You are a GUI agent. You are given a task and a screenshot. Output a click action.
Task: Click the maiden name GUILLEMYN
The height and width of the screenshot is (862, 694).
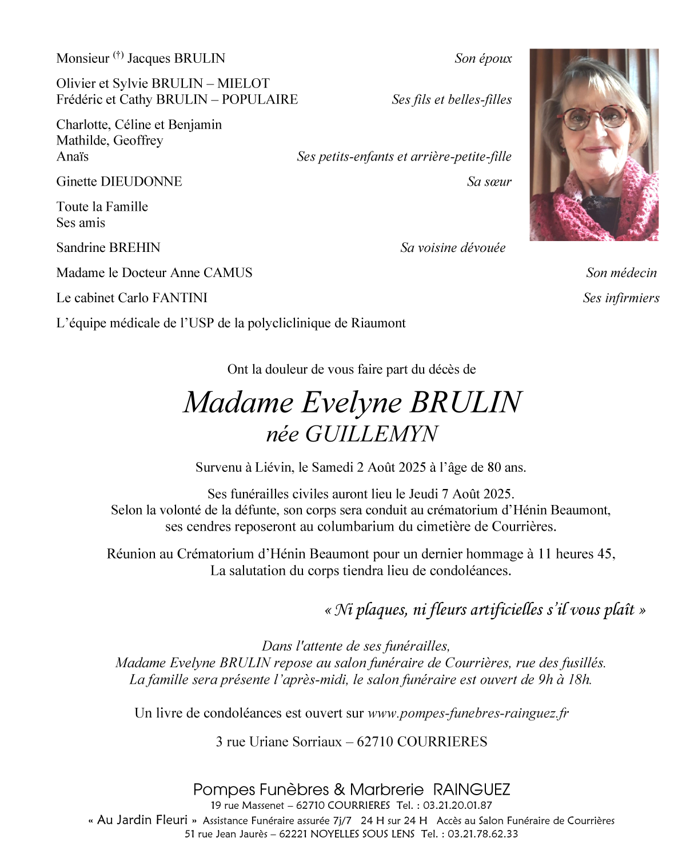pos(371,434)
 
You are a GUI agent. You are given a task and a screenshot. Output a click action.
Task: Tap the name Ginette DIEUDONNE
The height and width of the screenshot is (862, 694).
pos(119,182)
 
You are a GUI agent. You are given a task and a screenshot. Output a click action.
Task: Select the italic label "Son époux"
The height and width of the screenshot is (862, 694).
pos(483,58)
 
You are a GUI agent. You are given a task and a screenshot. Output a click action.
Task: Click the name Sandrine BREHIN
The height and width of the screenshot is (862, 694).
pos(108,247)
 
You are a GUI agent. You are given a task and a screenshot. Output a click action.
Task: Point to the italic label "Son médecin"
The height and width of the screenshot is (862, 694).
pos(621,272)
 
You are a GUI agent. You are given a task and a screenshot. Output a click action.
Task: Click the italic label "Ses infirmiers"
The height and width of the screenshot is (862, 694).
pos(621,298)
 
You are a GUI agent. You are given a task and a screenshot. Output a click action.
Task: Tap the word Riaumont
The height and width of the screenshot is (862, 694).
pos(378,323)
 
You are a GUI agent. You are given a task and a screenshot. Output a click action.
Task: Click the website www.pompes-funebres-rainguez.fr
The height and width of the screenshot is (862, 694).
pos(468,713)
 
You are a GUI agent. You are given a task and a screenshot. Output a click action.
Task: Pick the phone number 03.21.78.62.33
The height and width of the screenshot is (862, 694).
pos(482,834)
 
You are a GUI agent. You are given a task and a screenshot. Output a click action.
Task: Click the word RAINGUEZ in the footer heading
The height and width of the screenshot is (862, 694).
pos(471,789)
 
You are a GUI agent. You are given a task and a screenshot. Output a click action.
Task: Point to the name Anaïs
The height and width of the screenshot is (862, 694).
pos(73,157)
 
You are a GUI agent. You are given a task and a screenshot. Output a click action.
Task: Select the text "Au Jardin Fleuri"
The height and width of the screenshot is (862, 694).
pos(142,820)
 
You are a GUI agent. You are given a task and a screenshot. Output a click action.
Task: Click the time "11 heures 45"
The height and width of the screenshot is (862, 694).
pos(576,554)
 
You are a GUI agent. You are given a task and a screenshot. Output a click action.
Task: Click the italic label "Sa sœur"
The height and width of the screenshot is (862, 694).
pos(489,182)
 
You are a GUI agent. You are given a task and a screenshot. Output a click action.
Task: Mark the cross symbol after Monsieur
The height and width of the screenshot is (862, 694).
pos(118,55)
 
